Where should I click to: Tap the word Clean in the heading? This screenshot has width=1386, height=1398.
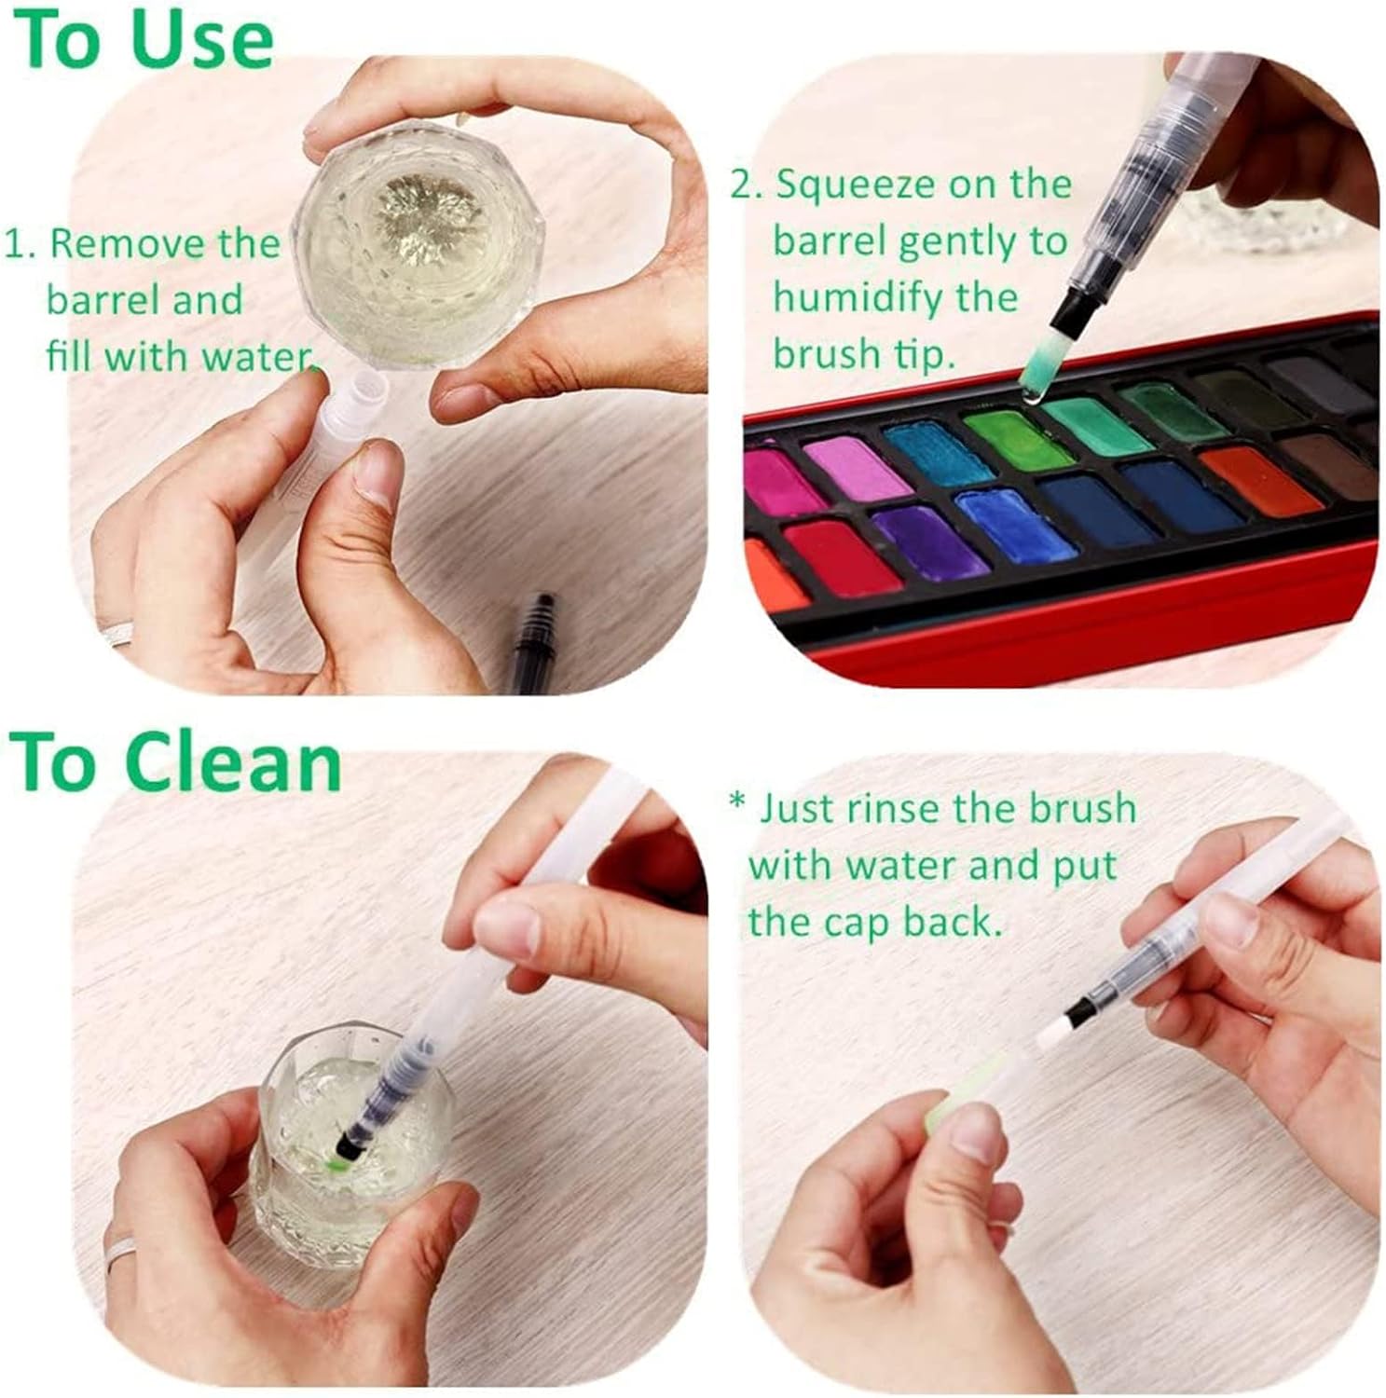pos(233,763)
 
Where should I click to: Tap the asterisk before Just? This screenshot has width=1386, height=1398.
pos(738,802)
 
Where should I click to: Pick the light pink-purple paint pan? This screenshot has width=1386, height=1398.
pos(857,467)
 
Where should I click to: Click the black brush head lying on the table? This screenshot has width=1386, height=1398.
pos(528,642)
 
